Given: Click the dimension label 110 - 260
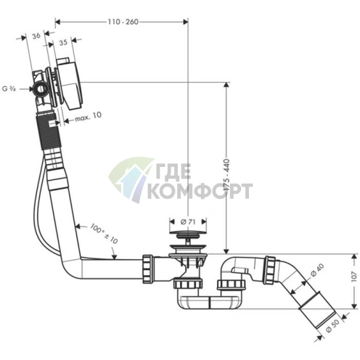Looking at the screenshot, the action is click(123, 22).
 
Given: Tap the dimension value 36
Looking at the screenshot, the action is click(36, 36).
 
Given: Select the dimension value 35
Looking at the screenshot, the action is click(63, 43).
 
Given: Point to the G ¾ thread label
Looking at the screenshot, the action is click(9, 89).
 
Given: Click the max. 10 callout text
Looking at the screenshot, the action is click(88, 117).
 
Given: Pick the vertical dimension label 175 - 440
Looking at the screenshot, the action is click(226, 176).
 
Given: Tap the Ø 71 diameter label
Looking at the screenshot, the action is click(188, 221).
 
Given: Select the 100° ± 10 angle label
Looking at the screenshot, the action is click(104, 233).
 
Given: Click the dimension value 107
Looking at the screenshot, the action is click(354, 277).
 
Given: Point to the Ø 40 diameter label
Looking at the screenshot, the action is click(317, 270).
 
